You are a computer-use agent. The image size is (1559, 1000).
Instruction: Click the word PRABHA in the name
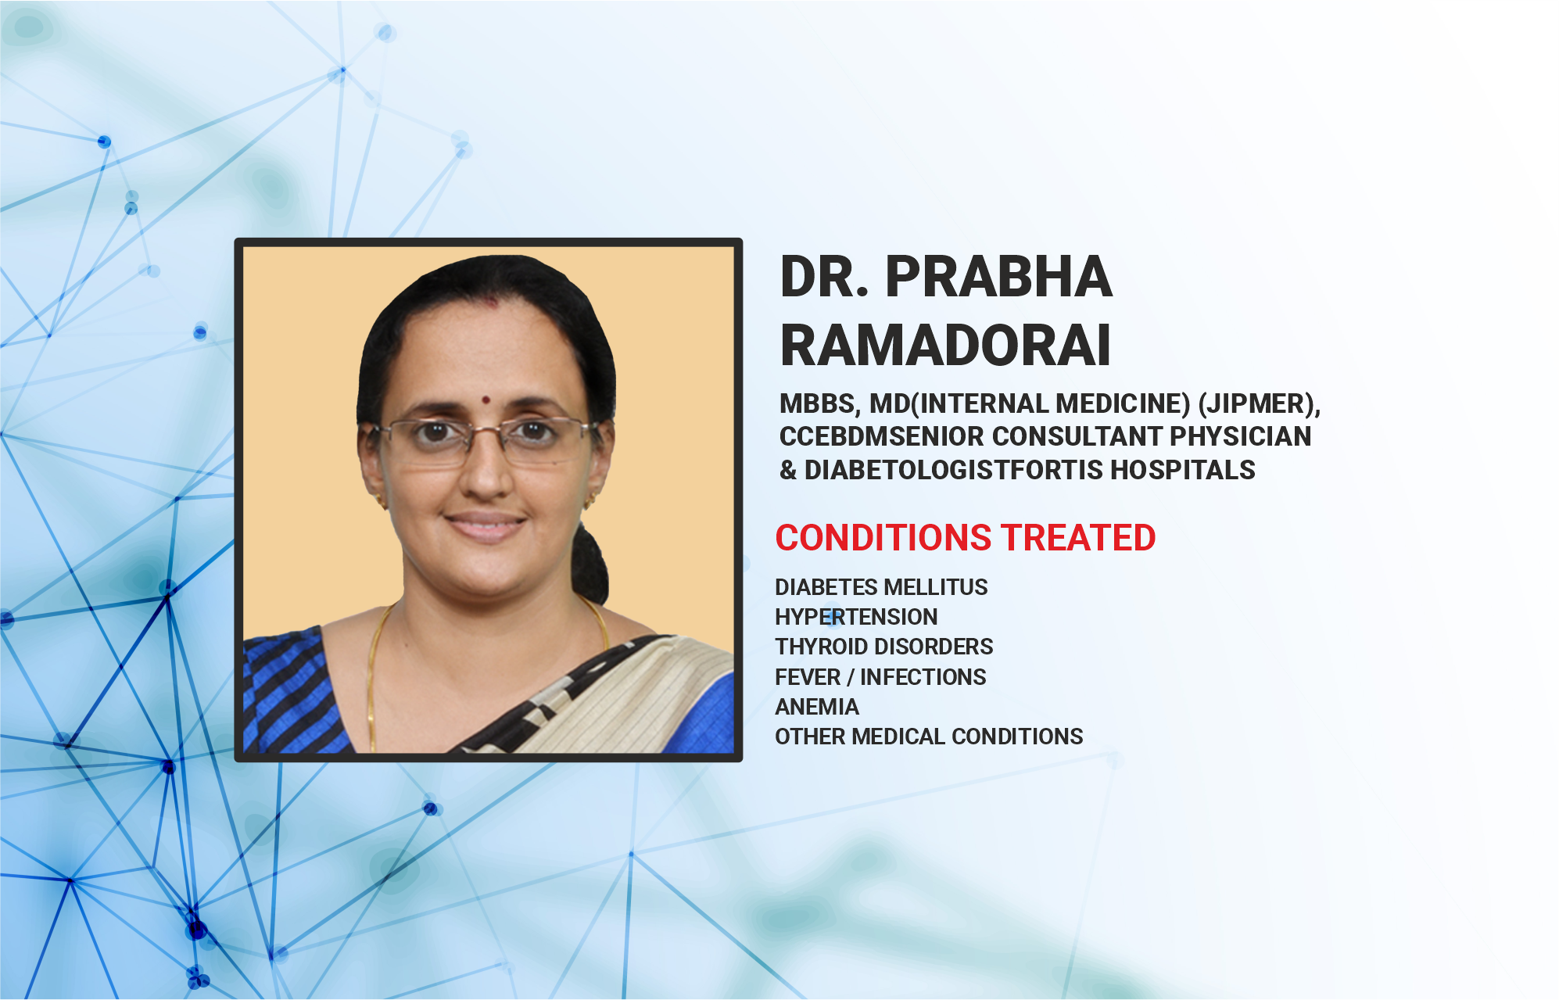998,277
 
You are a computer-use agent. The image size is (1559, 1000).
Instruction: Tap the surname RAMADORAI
945,345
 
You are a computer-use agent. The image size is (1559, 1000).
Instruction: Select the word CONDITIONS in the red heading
883,538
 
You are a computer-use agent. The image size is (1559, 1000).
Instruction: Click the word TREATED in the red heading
1079,538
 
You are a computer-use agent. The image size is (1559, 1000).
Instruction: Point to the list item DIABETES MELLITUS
881,587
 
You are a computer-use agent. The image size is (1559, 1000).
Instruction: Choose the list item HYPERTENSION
856,617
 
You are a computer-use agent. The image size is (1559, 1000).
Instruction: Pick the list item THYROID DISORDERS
883,647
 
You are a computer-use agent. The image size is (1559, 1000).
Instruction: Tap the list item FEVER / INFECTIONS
880,677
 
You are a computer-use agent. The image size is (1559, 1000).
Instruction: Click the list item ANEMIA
817,707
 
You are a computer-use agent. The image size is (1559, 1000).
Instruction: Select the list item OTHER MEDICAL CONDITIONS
929,737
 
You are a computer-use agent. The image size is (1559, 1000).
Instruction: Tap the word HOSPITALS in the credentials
1183,470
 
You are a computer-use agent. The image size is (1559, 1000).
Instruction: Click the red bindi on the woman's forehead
486,400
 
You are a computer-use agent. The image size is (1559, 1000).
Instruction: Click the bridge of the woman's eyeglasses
486,429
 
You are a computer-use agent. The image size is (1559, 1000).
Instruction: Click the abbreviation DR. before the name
825,277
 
